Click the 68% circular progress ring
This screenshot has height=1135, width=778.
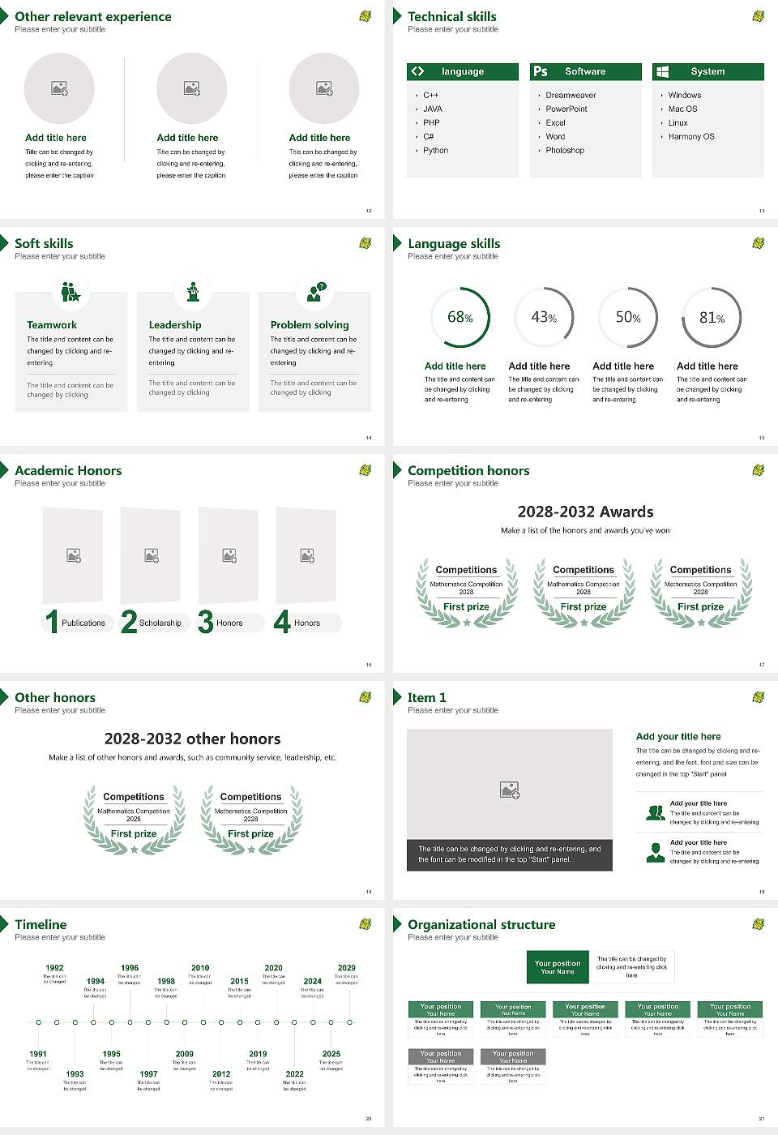click(460, 317)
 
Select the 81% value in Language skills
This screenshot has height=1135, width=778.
click(712, 318)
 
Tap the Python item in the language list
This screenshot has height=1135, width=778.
click(435, 150)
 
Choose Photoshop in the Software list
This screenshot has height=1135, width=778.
click(565, 150)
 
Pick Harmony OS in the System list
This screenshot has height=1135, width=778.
click(691, 136)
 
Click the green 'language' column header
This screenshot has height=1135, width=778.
click(462, 71)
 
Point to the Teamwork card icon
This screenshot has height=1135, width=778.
click(71, 292)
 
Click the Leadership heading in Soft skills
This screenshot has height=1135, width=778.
click(175, 324)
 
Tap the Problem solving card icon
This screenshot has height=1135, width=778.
click(314, 292)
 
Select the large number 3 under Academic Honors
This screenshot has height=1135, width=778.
click(205, 622)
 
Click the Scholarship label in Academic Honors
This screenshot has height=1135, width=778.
click(160, 623)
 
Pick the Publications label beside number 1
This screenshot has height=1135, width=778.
click(83, 623)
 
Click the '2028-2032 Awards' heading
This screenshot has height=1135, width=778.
click(585, 512)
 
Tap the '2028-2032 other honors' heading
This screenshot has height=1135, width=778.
click(192, 739)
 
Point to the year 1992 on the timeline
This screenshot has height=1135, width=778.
click(54, 967)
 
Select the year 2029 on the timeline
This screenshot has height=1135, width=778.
click(346, 967)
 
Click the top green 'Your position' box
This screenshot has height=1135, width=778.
click(558, 967)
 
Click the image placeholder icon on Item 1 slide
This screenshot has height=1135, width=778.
click(510, 789)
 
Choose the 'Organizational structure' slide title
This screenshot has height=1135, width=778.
click(481, 924)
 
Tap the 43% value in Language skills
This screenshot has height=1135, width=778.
click(544, 318)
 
